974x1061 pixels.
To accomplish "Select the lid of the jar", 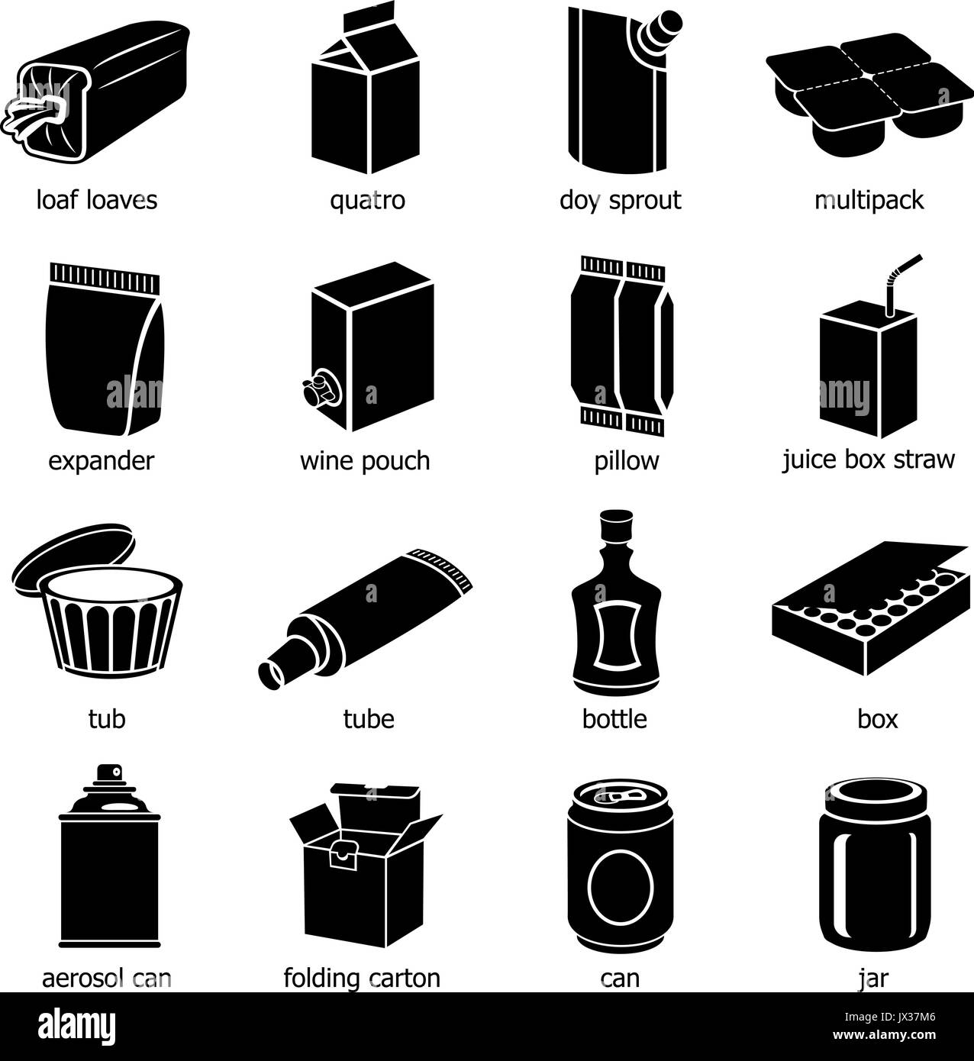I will (872, 795).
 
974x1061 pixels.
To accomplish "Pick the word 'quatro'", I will (367, 201).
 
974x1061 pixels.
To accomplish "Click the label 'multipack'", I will (869, 201).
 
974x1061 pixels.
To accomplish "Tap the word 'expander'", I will (101, 461).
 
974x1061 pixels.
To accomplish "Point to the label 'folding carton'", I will (362, 978).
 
